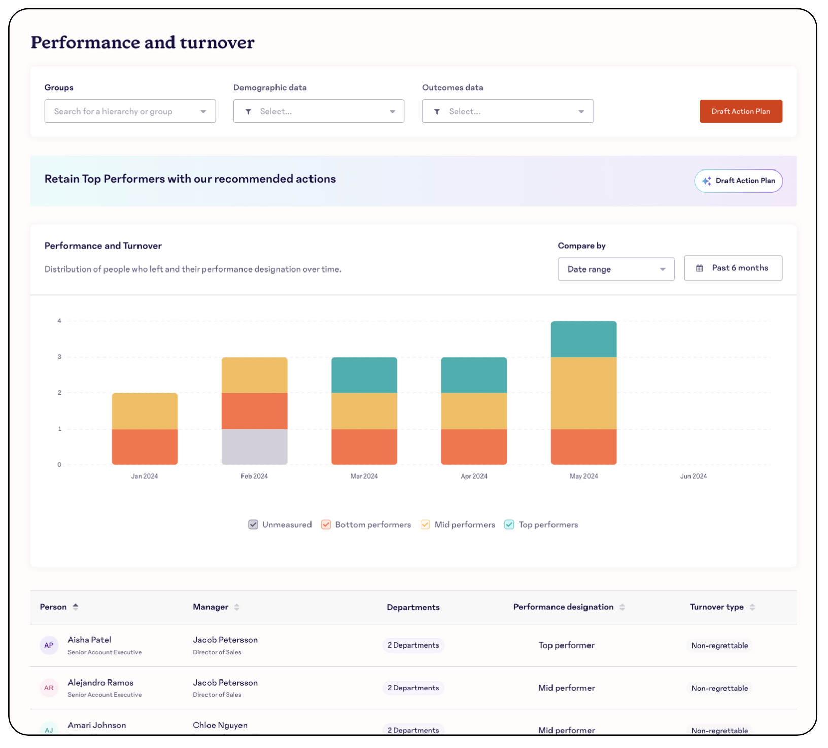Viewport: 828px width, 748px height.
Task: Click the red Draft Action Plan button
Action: coord(740,111)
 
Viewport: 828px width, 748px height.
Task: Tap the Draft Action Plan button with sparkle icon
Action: coord(738,181)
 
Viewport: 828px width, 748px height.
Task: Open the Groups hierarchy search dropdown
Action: coord(130,111)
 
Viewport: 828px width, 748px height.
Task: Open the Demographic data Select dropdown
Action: coord(319,111)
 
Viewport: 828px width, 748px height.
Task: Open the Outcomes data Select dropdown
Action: coord(507,111)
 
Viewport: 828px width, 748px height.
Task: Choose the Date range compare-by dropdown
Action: coord(615,269)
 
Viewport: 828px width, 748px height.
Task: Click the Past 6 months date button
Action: coord(733,268)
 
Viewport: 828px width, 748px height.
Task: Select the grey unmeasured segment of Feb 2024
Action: coord(254,447)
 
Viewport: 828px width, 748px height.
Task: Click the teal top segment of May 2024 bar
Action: coord(583,339)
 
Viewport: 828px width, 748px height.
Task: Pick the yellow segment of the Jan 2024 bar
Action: coord(145,411)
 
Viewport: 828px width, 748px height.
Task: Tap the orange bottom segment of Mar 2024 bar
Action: coord(364,447)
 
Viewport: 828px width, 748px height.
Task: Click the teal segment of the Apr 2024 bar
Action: coord(474,375)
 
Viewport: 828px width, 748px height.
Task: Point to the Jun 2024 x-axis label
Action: coord(693,476)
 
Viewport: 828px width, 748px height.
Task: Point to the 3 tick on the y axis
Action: coord(59,357)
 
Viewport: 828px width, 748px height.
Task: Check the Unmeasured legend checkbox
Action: coord(253,524)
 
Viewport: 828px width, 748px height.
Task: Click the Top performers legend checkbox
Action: coord(509,524)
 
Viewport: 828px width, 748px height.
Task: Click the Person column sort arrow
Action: coord(76,607)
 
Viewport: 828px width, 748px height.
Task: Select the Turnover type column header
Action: coord(716,607)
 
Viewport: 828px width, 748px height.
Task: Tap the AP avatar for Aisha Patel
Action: coord(49,645)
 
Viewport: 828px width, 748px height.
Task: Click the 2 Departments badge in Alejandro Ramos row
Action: coord(413,688)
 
